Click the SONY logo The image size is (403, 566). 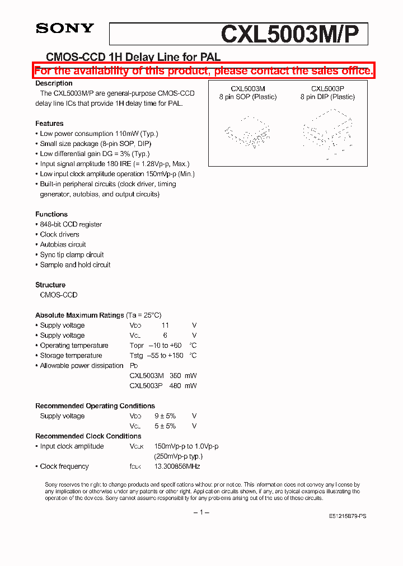(65, 29)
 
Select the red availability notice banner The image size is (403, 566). (203, 70)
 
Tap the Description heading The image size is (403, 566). (54, 83)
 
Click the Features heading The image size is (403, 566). (49, 124)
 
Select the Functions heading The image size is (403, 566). (51, 214)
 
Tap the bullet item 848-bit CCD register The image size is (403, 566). (71, 224)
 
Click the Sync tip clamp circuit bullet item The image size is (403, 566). (72, 254)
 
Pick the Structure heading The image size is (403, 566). (50, 285)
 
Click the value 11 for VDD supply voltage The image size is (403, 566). (165, 325)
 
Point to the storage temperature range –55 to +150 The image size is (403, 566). (164, 355)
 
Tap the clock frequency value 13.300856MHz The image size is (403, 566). (177, 466)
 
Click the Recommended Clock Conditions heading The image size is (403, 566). (88, 436)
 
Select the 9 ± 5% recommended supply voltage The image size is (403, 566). (165, 416)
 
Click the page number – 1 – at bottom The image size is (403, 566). (201, 512)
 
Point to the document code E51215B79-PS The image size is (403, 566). (347, 516)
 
